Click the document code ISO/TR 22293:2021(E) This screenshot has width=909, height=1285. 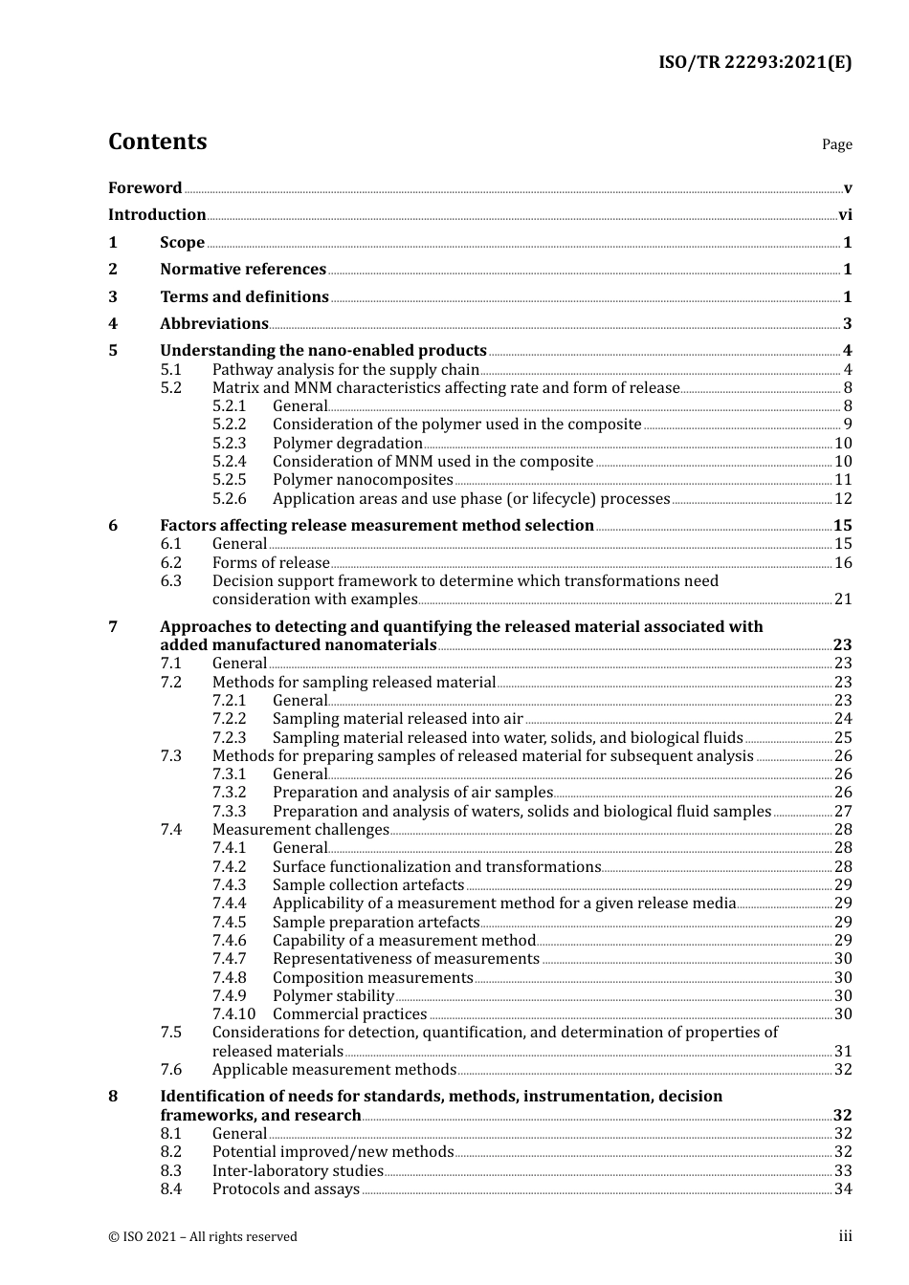click(x=754, y=62)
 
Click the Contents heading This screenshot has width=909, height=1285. click(x=157, y=142)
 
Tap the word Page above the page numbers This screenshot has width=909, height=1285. click(x=836, y=144)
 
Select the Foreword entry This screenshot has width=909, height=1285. click(x=144, y=188)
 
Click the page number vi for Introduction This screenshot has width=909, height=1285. click(x=845, y=215)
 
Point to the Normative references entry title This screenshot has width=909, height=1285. click(x=243, y=270)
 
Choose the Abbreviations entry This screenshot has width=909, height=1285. click(x=213, y=324)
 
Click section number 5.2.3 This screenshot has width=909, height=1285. click(x=229, y=444)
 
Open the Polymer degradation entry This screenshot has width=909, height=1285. click(x=347, y=444)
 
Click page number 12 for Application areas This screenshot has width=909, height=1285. click(x=843, y=499)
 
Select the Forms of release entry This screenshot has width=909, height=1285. click(x=271, y=563)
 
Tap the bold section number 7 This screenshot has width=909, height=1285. click(x=113, y=627)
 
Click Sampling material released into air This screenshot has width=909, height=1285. click(x=397, y=719)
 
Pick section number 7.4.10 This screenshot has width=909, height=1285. click(x=233, y=1014)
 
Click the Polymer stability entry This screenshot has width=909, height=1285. click(x=333, y=996)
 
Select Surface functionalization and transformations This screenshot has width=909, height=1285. click(x=436, y=867)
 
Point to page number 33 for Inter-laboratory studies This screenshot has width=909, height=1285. click(x=843, y=1171)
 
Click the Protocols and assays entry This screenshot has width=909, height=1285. click(x=285, y=1189)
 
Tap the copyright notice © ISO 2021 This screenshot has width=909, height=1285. click(x=202, y=1237)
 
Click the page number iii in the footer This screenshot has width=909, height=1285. click(x=845, y=1236)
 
